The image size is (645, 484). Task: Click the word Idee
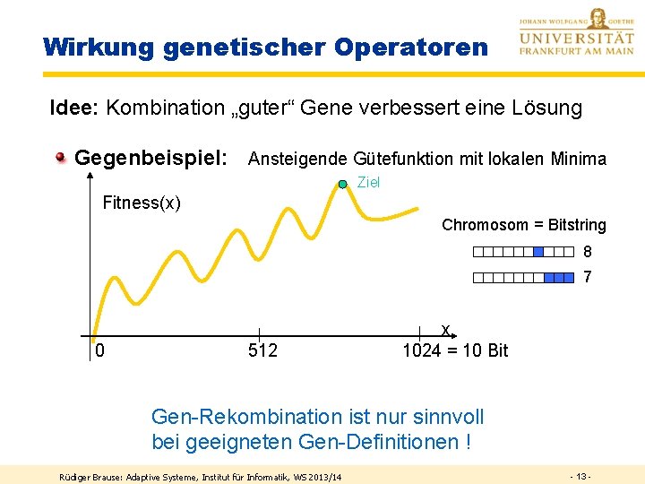click(x=73, y=108)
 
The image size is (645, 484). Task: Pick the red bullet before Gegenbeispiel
click(x=61, y=159)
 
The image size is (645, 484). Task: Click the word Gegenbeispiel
click(x=150, y=159)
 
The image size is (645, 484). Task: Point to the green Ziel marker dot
click(x=343, y=184)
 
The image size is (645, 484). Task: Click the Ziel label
click(x=368, y=182)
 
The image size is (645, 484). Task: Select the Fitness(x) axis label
click(x=142, y=203)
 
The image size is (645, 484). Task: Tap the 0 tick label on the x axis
click(x=99, y=350)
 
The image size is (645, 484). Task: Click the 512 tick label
click(x=262, y=350)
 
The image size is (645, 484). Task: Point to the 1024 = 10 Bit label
click(x=455, y=350)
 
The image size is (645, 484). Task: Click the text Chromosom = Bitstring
click(x=523, y=225)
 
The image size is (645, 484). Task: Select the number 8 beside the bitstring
click(x=588, y=252)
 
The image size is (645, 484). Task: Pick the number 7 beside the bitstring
click(x=588, y=278)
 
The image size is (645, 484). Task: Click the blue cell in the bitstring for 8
click(x=538, y=252)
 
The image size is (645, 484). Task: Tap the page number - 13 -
click(x=581, y=475)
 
